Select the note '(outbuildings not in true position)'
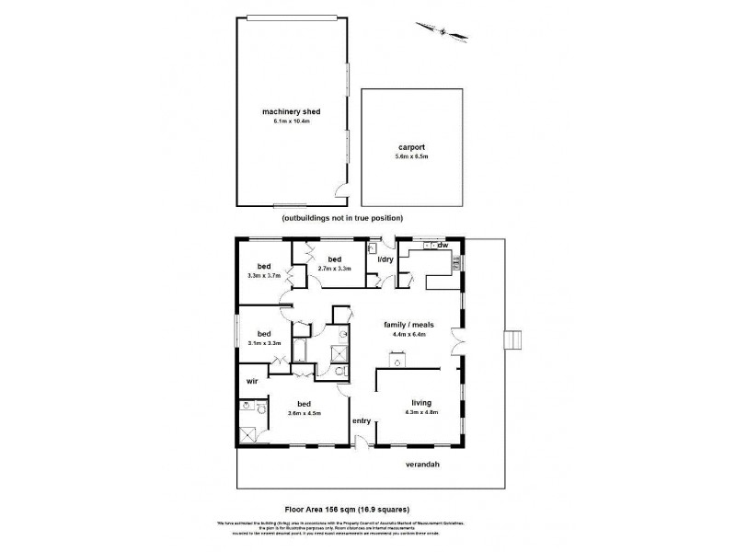pyautogui.click(x=343, y=218)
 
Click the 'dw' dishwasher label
pyautogui.click(x=443, y=246)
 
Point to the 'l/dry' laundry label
pyautogui.click(x=379, y=259)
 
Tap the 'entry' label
pyautogui.click(x=362, y=420)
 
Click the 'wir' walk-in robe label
pyautogui.click(x=250, y=379)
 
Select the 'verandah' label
pyautogui.click(x=422, y=465)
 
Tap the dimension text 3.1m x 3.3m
pyautogui.click(x=264, y=343)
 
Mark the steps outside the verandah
pyautogui.click(x=514, y=339)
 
